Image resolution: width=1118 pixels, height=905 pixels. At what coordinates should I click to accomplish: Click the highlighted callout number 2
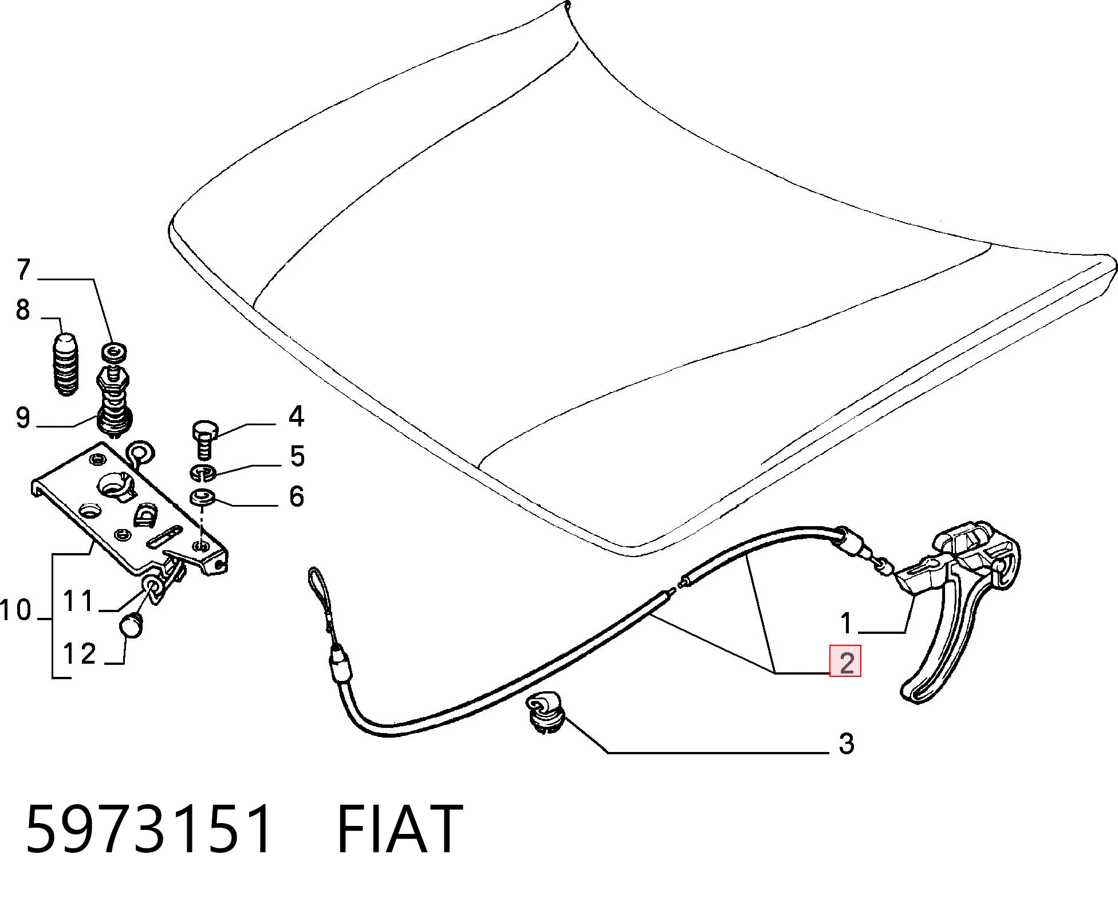tap(845, 662)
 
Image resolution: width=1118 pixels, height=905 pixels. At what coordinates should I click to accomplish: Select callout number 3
tap(847, 744)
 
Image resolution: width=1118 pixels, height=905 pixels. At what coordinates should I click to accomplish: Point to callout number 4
tap(296, 416)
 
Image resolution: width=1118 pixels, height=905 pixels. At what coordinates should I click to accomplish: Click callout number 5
tap(297, 456)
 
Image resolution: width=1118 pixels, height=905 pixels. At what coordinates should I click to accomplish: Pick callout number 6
tap(296, 496)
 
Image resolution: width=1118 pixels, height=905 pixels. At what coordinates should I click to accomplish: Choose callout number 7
tap(23, 269)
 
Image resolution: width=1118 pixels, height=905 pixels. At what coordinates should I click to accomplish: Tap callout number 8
tap(22, 309)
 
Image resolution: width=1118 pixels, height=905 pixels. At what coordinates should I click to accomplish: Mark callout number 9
tap(22, 418)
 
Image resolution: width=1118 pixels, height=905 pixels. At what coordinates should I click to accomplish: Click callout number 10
tap(15, 610)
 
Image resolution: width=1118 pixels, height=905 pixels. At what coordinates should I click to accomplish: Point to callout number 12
tap(80, 653)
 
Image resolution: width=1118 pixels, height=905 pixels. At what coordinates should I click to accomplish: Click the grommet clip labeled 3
tap(544, 712)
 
